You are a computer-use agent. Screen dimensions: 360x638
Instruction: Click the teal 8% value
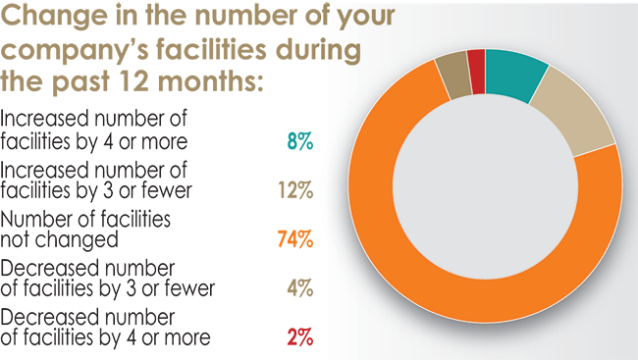pos(299,142)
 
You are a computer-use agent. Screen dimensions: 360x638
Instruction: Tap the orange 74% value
pos(296,238)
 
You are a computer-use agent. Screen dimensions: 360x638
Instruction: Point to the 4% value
pos(299,288)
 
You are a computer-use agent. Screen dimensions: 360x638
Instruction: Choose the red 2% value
pos(299,337)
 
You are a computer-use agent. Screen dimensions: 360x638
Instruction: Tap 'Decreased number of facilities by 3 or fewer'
pos(107,279)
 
